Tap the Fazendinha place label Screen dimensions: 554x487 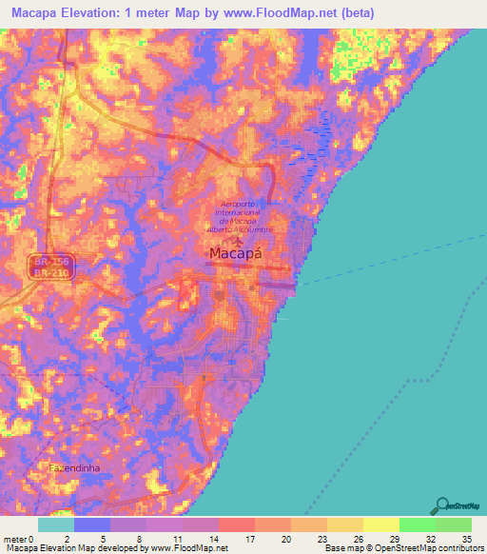pos(74,468)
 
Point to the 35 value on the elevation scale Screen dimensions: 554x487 pos(466,538)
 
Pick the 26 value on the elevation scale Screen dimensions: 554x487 pos(358,538)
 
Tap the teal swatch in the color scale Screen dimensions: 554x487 pos(56,524)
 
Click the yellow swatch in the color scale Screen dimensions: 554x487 pos(381,524)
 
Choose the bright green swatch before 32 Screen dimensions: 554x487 pos(417,524)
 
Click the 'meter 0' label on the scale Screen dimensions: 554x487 pos(18,538)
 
